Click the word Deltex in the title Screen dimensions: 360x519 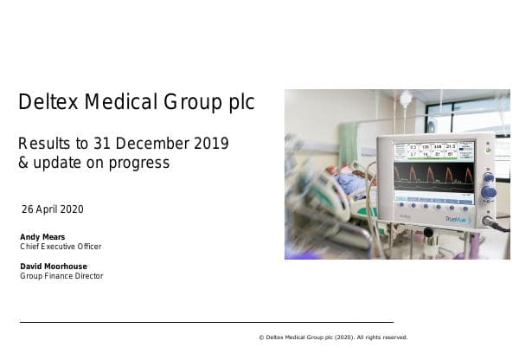point(44,102)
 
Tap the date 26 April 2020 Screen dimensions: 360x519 point(52,209)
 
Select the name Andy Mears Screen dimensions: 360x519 point(42,236)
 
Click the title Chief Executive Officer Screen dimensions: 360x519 point(61,247)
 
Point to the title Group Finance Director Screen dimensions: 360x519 point(61,276)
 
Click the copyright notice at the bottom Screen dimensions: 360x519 point(333,337)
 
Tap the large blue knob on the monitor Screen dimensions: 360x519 point(488,191)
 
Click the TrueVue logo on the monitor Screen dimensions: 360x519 point(458,219)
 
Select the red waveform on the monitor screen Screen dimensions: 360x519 point(432,176)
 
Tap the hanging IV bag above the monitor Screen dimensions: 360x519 point(405,100)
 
